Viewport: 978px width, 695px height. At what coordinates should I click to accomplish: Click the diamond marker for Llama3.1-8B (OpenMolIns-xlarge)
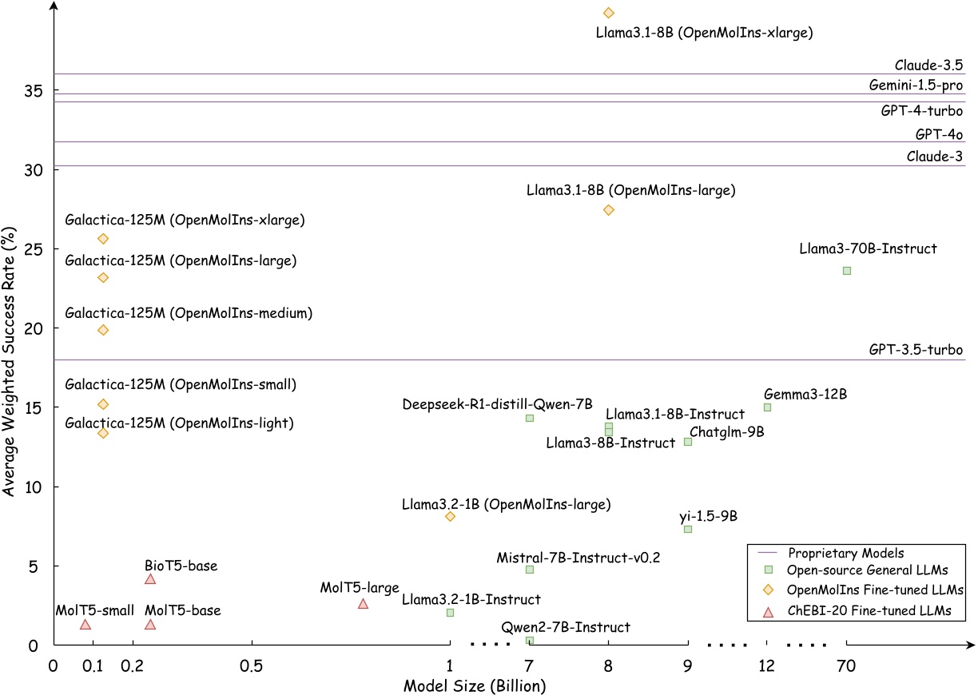point(608,13)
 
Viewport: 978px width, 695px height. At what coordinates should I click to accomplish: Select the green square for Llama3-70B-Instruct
point(847,271)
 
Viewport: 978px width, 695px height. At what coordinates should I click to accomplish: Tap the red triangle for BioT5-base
point(150,579)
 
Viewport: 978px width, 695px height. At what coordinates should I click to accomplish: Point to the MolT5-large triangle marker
point(363,604)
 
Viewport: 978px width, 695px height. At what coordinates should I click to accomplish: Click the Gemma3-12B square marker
point(767,407)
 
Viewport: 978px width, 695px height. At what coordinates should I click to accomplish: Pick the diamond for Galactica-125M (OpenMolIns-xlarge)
point(102,239)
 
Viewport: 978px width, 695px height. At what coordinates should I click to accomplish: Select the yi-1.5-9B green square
point(687,529)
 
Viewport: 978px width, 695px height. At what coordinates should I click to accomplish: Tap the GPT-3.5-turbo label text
point(916,350)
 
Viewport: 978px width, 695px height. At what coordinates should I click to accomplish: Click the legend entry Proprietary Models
point(845,552)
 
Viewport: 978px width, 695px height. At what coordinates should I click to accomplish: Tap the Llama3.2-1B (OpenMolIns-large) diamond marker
point(450,517)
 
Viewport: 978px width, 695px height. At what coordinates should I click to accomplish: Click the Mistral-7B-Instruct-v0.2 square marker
point(529,570)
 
